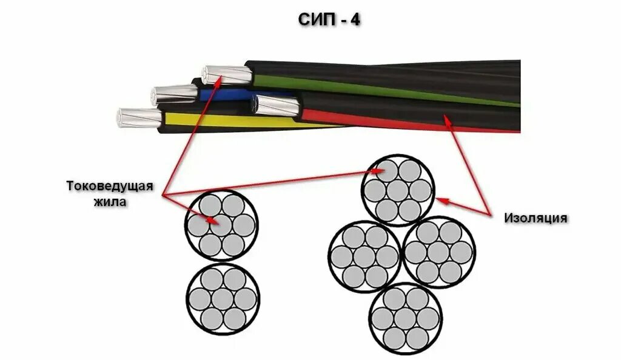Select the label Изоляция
point(535,218)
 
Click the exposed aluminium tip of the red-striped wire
point(276,107)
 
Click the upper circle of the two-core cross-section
point(221,225)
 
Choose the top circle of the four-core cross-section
point(398,190)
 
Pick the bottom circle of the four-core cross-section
point(405,318)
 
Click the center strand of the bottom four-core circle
point(405,318)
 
